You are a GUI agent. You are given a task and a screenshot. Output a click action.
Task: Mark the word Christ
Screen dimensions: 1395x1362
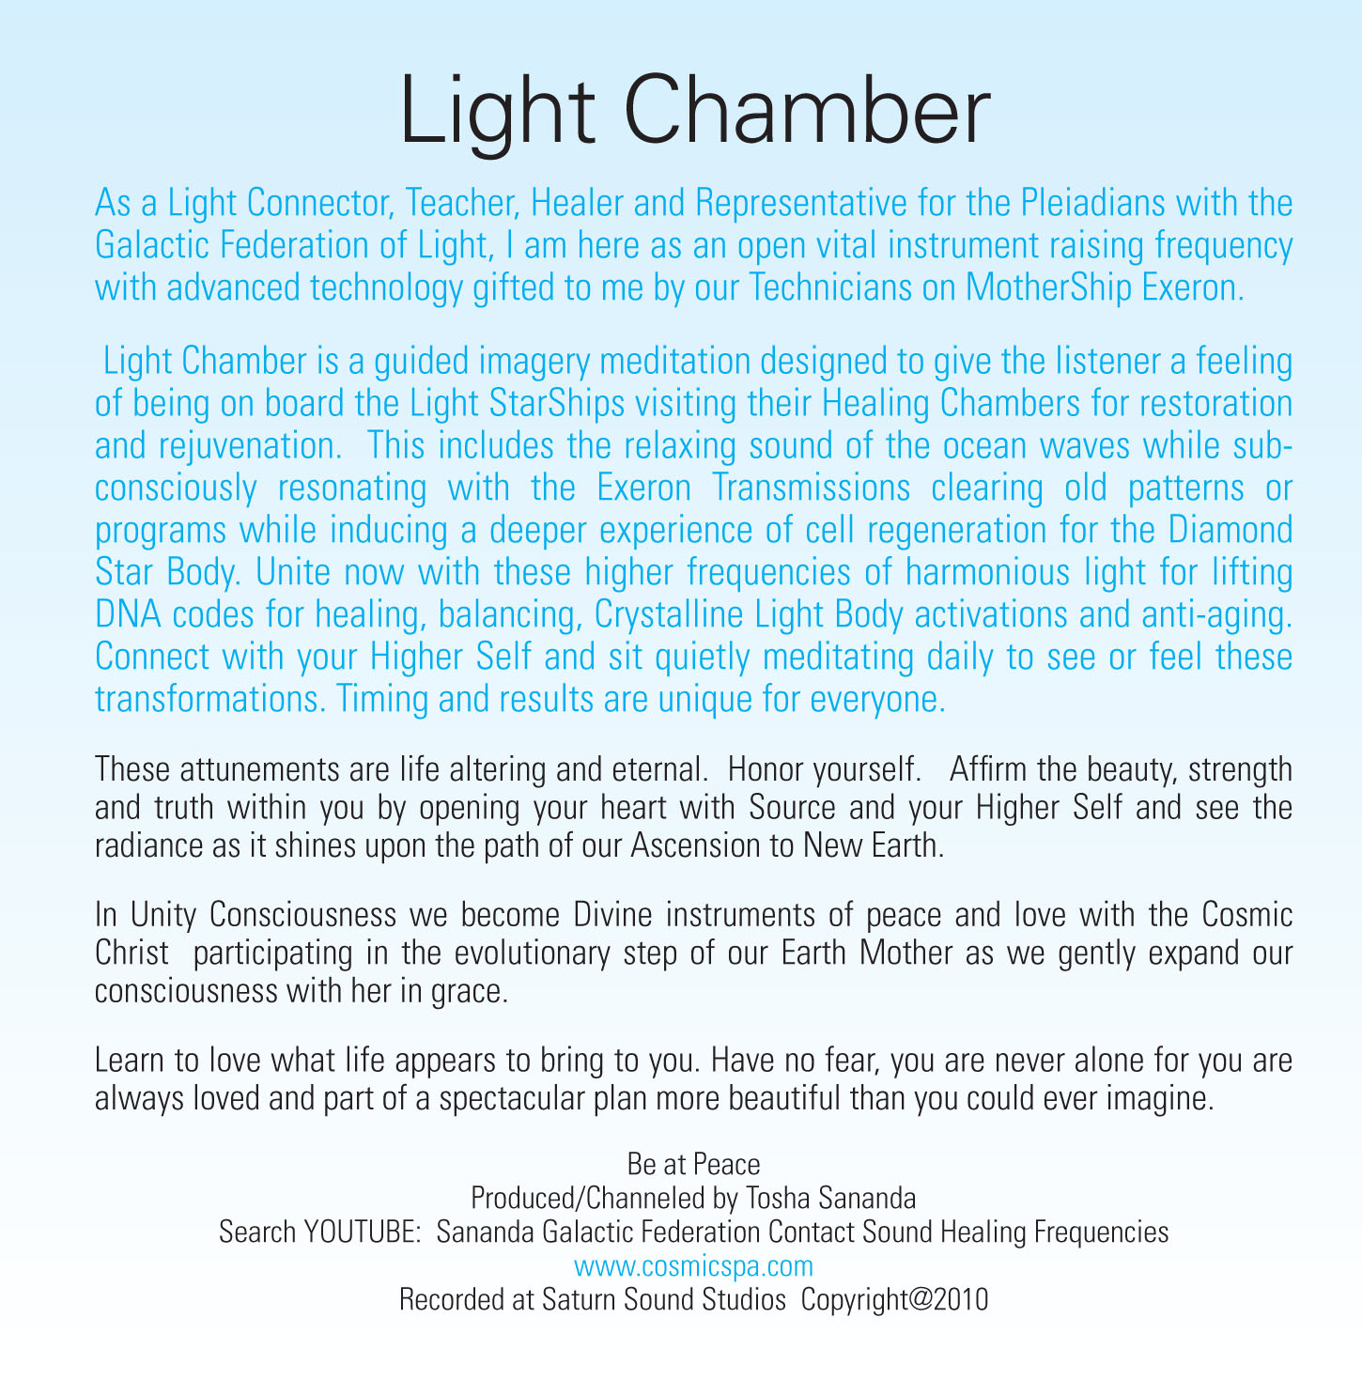[x=132, y=953]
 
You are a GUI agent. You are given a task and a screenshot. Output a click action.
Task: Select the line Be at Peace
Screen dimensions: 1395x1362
[x=693, y=1165]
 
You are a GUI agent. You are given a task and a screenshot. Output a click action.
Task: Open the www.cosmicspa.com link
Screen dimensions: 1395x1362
[x=693, y=1266]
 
